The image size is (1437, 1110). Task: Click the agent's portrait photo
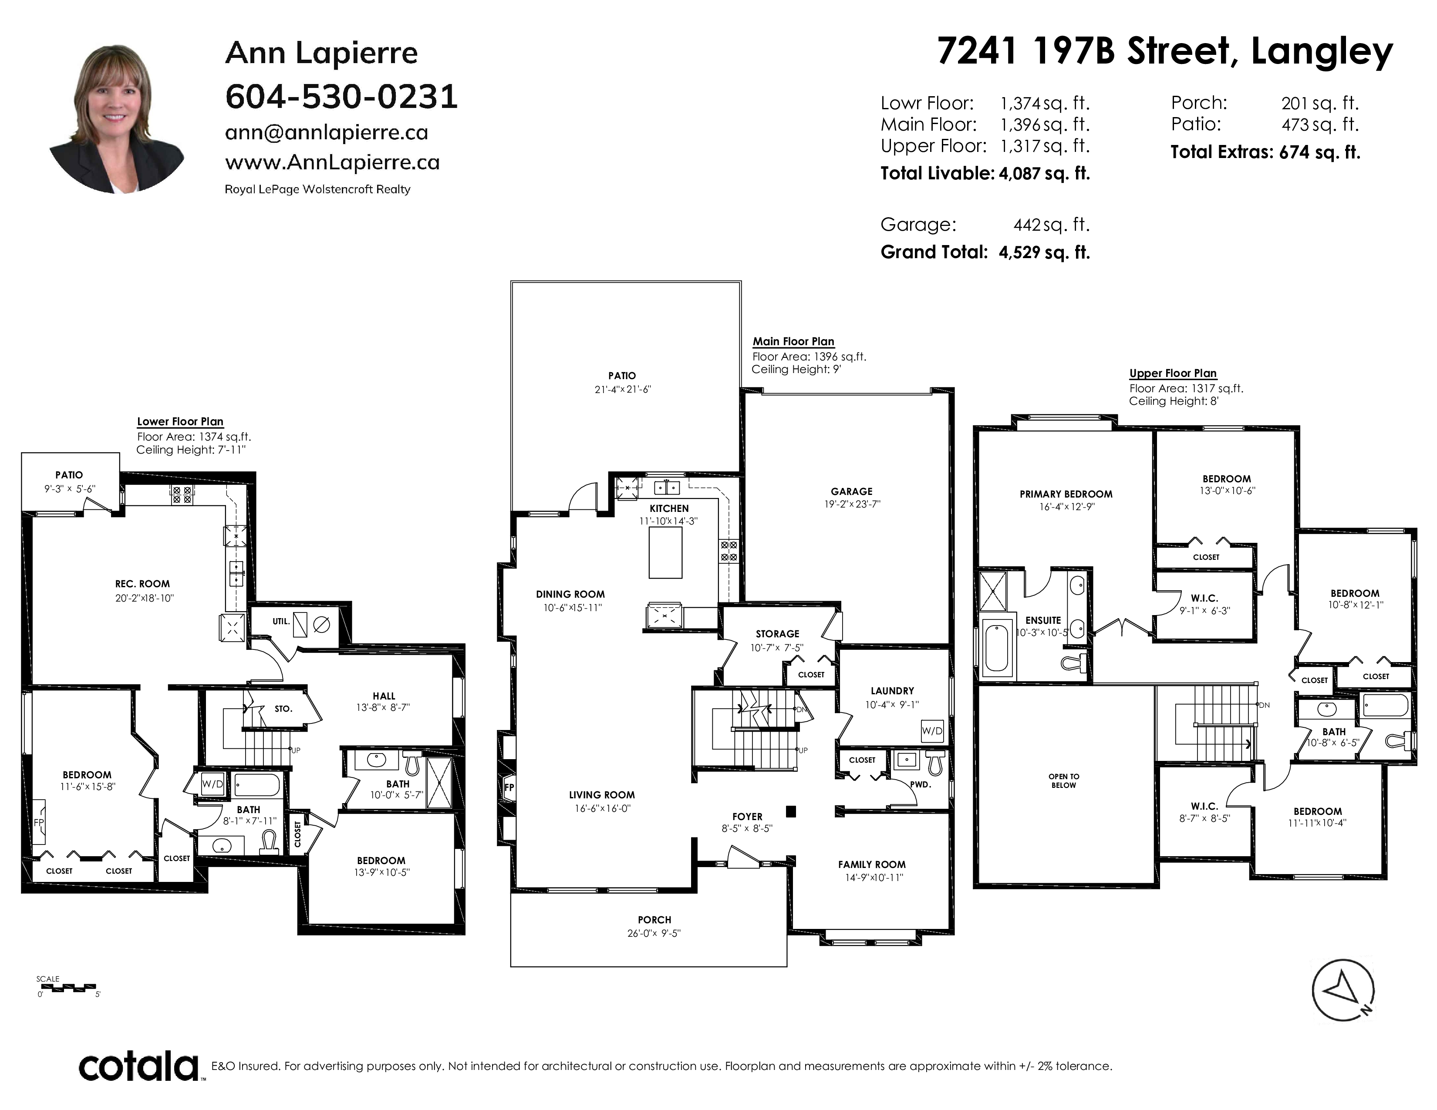coord(116,118)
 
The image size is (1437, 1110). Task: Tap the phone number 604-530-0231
coord(341,97)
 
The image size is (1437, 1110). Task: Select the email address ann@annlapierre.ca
coord(326,132)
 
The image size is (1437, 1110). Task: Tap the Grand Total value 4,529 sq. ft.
coord(1044,252)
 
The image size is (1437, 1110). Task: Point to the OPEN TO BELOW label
coord(1064,780)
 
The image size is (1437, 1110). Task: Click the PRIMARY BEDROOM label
coord(1066,494)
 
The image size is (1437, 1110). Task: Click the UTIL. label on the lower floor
coord(281,621)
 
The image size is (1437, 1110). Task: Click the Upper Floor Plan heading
coord(1173,373)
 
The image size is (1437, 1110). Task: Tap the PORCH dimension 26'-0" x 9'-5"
coord(653,933)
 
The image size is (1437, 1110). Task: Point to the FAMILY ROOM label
coord(872,865)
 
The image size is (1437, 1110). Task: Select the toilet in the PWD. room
coord(936,763)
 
